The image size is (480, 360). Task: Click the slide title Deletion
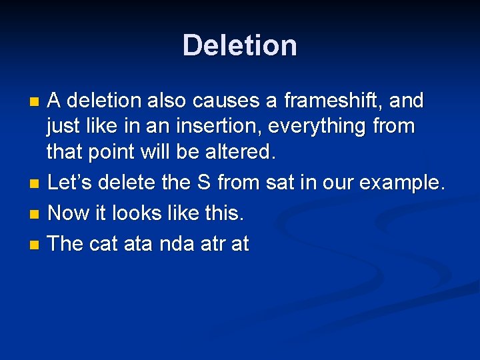tap(240, 45)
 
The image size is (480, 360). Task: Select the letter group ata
tap(139, 245)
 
